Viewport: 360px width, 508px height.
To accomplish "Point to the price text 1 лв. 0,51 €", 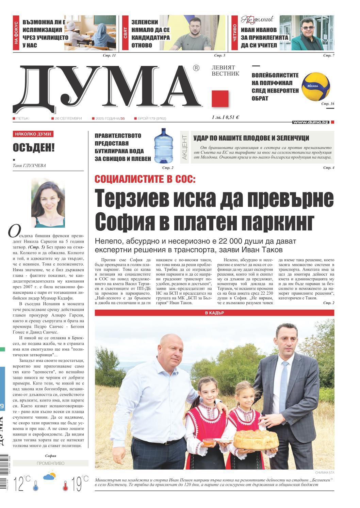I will coord(225,117).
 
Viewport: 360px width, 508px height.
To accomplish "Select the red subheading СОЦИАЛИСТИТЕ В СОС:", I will coord(146,179).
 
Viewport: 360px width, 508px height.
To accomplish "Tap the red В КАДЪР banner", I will coord(214,313).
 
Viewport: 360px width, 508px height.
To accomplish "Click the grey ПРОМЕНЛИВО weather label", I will coord(50,463).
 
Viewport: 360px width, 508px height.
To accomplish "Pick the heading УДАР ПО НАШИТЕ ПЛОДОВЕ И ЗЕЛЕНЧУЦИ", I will coord(251,138).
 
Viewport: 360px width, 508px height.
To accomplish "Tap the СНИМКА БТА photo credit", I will coord(324,472).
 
